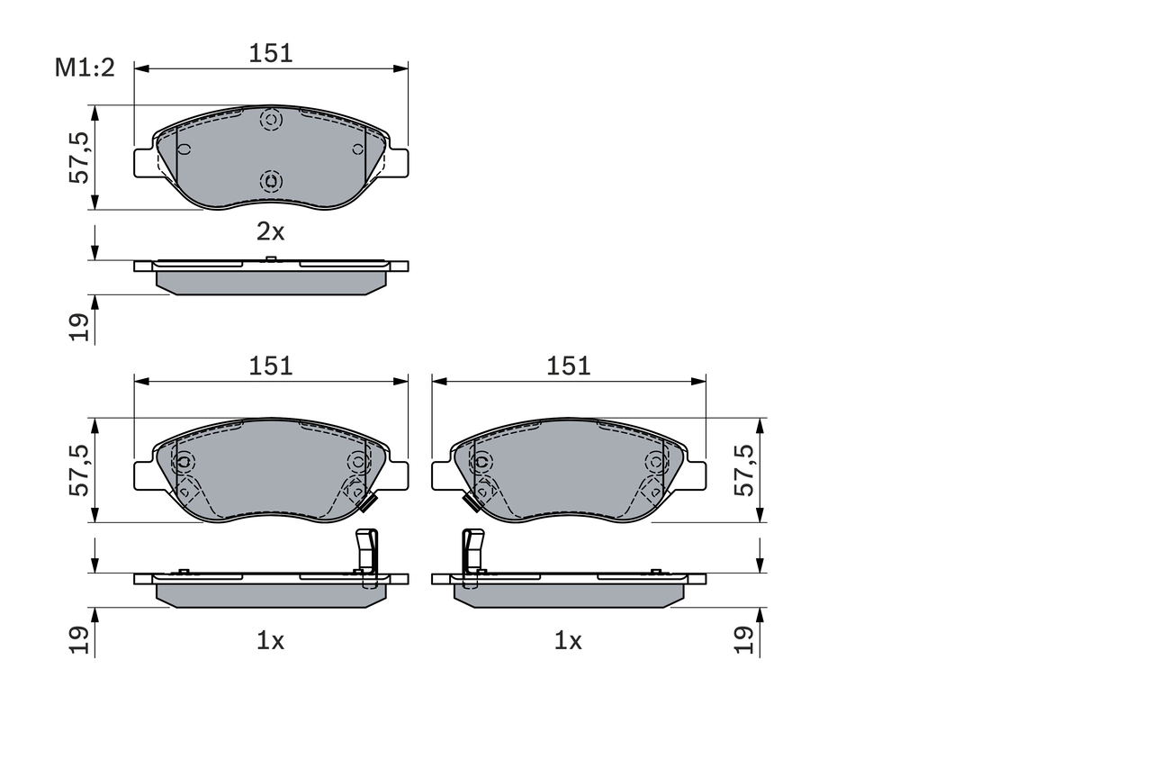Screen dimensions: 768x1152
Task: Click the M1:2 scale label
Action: pyautogui.click(x=85, y=68)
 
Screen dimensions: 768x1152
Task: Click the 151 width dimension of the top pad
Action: pyautogui.click(x=271, y=53)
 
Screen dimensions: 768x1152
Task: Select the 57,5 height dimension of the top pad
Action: pyautogui.click(x=80, y=158)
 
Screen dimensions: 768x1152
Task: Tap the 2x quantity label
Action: pyautogui.click(x=270, y=231)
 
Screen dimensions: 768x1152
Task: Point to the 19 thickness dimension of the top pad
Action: pyautogui.click(x=80, y=327)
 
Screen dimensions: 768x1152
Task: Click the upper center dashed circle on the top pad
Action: pyautogui.click(x=271, y=119)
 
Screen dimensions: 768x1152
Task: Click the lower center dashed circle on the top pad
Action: pyautogui.click(x=271, y=181)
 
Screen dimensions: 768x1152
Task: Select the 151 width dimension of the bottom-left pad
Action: pyautogui.click(x=271, y=366)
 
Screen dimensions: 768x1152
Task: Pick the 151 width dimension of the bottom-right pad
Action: pyautogui.click(x=569, y=366)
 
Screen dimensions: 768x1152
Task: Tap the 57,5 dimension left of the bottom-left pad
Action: pyautogui.click(x=80, y=470)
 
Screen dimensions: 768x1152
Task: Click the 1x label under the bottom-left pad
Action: pyautogui.click(x=270, y=641)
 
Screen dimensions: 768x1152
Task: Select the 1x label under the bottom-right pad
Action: pyautogui.click(x=568, y=641)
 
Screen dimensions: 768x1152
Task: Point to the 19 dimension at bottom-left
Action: pyautogui.click(x=80, y=639)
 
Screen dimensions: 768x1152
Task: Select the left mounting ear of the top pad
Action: pyautogui.click(x=144, y=162)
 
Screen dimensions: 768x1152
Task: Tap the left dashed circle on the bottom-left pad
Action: pyautogui.click(x=184, y=462)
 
